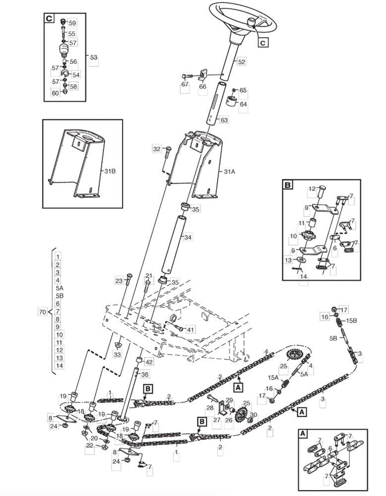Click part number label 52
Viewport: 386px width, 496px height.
[x=242, y=62]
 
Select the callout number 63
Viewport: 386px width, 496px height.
[x=224, y=120]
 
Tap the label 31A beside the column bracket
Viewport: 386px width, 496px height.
[x=230, y=172]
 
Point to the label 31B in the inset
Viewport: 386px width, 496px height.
[x=110, y=171]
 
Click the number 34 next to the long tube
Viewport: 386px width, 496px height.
[x=188, y=237]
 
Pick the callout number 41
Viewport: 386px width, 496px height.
[x=190, y=330]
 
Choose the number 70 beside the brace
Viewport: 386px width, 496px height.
[x=42, y=312]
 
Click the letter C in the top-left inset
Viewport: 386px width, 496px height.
[x=49, y=18]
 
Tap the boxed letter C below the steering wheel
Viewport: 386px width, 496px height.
[x=263, y=42]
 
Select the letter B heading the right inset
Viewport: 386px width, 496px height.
[x=288, y=185]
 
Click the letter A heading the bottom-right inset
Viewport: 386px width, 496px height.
[x=303, y=434]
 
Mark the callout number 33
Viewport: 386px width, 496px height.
[x=117, y=354]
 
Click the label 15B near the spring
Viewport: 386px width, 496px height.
[x=351, y=320]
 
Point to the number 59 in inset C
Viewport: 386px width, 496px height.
[x=72, y=23]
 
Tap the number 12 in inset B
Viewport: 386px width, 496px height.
[x=312, y=189]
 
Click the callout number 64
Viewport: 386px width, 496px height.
[x=243, y=104]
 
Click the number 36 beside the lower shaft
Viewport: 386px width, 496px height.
[x=145, y=374]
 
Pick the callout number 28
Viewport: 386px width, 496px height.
[x=210, y=408]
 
